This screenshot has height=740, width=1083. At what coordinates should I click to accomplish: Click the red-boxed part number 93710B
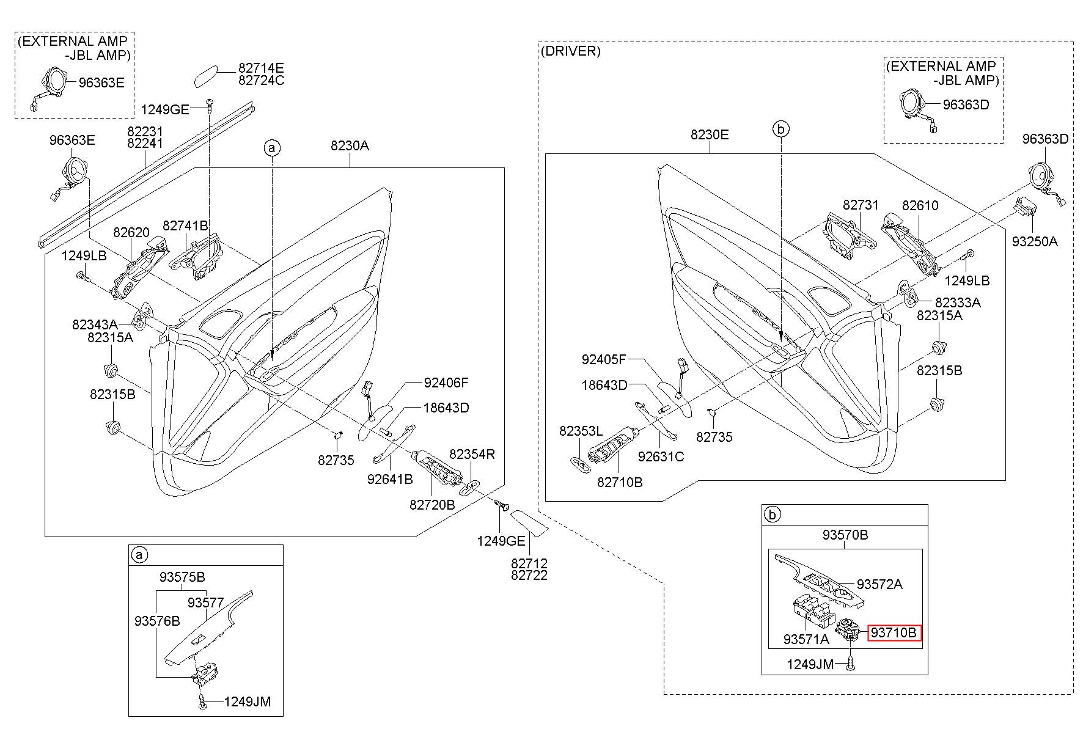coord(894,633)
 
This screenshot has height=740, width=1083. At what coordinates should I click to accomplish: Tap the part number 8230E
coord(710,134)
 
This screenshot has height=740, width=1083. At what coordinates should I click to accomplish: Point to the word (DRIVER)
coord(570,51)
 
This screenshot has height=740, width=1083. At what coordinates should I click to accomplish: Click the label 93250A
coord(1034,241)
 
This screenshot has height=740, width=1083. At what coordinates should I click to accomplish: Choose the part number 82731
coord(861,205)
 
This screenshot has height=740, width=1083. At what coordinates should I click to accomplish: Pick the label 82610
coord(920,205)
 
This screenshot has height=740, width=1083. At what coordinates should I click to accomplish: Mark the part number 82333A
coord(958,302)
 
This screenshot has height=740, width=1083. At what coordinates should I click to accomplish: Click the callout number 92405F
coord(604,359)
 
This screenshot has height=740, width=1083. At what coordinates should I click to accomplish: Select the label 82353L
coord(581,431)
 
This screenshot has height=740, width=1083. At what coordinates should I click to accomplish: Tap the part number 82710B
coord(620,482)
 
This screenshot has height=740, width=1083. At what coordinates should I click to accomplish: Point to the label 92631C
coord(661,456)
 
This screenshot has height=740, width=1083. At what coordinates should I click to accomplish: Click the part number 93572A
coord(879,584)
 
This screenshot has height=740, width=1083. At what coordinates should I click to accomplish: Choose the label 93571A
coord(806,639)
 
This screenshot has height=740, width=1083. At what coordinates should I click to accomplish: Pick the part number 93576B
coord(157,621)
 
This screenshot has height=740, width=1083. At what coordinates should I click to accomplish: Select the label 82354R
coord(472,454)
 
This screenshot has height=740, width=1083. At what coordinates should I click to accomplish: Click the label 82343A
coord(95,324)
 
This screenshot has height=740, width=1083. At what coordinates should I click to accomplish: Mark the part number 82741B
coord(185,226)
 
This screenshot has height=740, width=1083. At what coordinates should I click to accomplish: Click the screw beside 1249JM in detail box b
coord(850,664)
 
